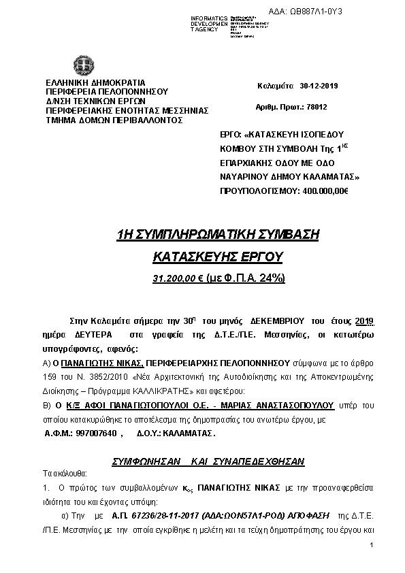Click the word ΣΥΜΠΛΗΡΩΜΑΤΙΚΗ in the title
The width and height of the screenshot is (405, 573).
tap(203, 235)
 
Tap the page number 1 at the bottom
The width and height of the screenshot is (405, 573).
tap(372, 546)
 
